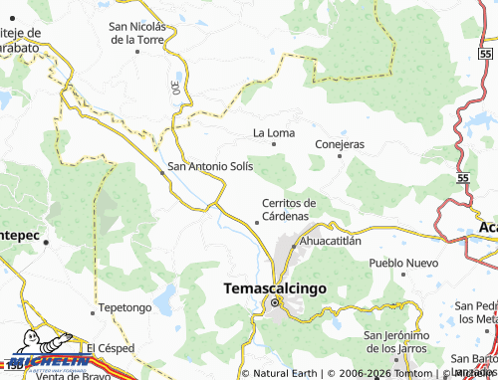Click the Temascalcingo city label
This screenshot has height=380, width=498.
click(x=269, y=288)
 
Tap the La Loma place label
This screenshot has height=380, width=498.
click(x=274, y=131)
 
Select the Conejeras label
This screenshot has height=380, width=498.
click(x=340, y=144)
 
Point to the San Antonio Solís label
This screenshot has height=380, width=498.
click(x=211, y=165)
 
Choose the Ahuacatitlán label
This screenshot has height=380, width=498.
click(x=330, y=241)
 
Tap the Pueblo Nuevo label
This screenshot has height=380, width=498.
click(x=402, y=262)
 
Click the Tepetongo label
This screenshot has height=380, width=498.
click(x=125, y=307)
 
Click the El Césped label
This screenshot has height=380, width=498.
click(x=109, y=348)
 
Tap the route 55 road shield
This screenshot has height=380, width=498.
click(x=464, y=176)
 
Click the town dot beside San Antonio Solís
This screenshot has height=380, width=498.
click(x=163, y=172)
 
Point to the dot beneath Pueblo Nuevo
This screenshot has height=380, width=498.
click(x=402, y=275)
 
